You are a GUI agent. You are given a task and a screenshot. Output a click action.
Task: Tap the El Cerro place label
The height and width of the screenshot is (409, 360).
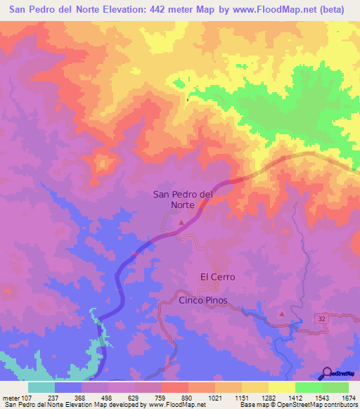pos(217,277)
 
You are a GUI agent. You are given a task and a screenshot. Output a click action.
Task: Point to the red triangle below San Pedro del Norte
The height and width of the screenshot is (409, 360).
pos(182,223)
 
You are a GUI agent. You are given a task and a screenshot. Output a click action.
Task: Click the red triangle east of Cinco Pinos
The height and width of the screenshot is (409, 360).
pos(282,314)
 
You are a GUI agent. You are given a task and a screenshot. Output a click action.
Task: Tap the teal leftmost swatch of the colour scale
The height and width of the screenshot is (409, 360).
pos(41,387)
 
